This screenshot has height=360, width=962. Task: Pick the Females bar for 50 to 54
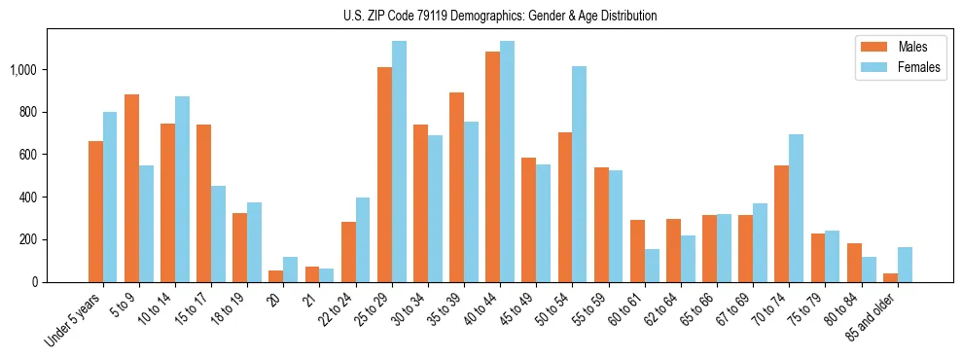pos(579,174)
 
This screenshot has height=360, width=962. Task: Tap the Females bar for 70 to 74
pos(796,208)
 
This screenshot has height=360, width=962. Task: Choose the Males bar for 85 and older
pos(890,277)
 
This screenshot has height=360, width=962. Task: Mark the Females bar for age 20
pos(290,270)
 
